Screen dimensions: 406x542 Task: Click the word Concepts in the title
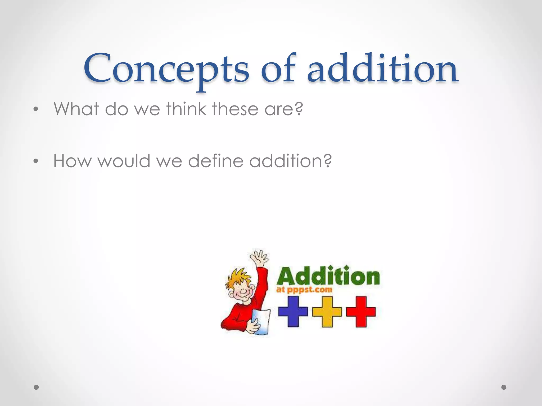[x=166, y=69]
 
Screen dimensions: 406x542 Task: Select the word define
[x=216, y=161]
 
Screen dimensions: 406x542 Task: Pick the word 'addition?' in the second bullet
[x=290, y=161]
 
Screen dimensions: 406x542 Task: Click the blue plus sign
[x=293, y=311]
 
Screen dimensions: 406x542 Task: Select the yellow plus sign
[x=327, y=311]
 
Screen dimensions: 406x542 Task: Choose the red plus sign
[x=361, y=311]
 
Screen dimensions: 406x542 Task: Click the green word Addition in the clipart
[x=328, y=276]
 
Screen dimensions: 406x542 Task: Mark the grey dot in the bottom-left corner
[x=36, y=387]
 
